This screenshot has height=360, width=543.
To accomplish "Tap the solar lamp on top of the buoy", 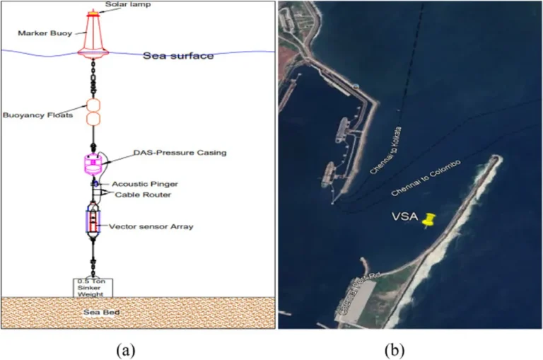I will (93, 13).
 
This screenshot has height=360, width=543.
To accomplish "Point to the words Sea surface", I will (177, 56).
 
